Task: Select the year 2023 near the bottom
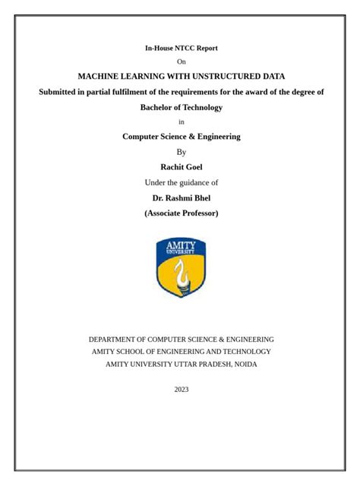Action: click(x=181, y=390)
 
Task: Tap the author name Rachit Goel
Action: click(x=181, y=167)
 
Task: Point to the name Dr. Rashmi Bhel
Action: click(x=181, y=198)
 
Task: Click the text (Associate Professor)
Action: click(x=181, y=213)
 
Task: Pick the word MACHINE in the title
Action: click(x=98, y=76)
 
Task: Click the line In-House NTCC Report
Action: click(x=181, y=48)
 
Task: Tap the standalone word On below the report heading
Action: click(x=181, y=62)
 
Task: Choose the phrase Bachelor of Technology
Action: click(x=181, y=107)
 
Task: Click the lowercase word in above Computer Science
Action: click(x=181, y=122)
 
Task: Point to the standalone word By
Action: click(x=181, y=152)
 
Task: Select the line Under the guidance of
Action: click(x=181, y=182)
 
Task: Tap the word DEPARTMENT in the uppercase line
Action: click(x=115, y=339)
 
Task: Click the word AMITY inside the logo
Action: click(x=181, y=245)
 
